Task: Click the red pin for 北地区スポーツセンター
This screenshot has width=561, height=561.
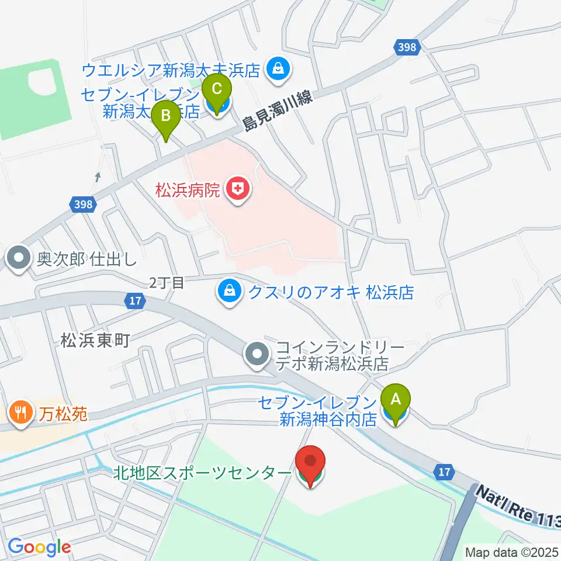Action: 310,465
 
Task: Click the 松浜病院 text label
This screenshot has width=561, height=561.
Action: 187,190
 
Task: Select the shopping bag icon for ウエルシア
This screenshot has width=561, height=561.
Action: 276,70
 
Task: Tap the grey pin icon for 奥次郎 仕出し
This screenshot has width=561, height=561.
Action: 19,258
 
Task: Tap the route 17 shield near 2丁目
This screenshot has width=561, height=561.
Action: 134,300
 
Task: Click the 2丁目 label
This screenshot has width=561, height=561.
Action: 167,283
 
